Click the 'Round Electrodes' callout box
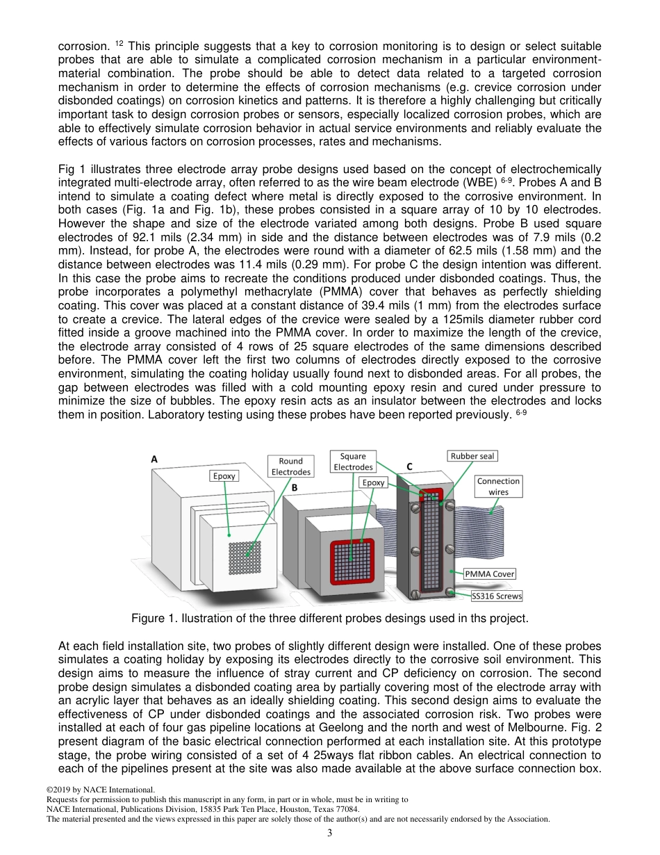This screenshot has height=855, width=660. (x=290, y=466)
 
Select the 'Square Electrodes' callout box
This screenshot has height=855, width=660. (x=353, y=462)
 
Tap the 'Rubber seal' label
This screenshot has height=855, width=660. (x=472, y=456)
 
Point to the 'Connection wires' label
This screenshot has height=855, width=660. (x=498, y=486)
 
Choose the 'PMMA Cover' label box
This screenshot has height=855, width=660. (x=490, y=573)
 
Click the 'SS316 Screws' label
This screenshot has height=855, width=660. (x=496, y=596)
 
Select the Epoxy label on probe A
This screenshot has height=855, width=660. (x=224, y=476)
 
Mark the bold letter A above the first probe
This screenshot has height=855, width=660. (x=154, y=459)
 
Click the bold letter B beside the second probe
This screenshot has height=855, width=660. (x=295, y=488)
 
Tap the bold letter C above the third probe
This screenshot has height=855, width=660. (x=409, y=467)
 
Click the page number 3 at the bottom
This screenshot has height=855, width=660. (x=330, y=833)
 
